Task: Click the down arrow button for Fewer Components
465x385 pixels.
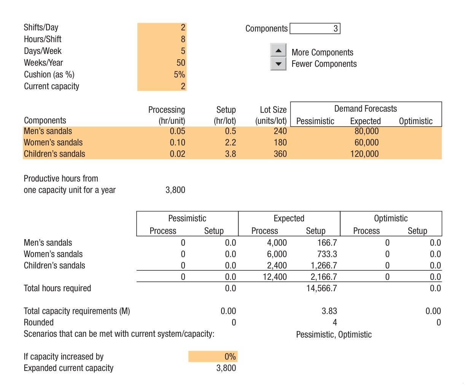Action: point(278,64)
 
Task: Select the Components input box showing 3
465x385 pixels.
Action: point(315,28)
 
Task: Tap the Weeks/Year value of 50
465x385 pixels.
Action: point(181,63)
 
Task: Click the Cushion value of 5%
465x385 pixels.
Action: point(179,74)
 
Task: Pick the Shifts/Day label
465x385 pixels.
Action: point(41,27)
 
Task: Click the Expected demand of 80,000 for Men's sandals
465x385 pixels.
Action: point(366,131)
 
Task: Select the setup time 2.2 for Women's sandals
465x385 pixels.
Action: point(230,143)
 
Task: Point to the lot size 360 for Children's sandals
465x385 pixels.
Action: point(280,154)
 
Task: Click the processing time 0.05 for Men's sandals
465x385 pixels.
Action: point(177,131)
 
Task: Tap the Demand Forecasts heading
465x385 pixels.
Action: point(365,109)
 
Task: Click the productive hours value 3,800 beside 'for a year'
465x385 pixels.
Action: point(175,190)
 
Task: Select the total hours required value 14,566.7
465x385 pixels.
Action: point(322,288)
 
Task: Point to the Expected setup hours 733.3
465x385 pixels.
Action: point(327,254)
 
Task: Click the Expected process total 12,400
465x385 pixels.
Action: point(275,277)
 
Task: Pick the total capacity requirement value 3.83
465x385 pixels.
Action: point(329,311)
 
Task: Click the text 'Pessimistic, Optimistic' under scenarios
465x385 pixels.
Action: point(334,335)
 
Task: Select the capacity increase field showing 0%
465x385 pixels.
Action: point(213,357)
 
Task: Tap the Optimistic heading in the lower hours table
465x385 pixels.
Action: point(390,218)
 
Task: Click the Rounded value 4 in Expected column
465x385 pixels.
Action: point(334,322)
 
